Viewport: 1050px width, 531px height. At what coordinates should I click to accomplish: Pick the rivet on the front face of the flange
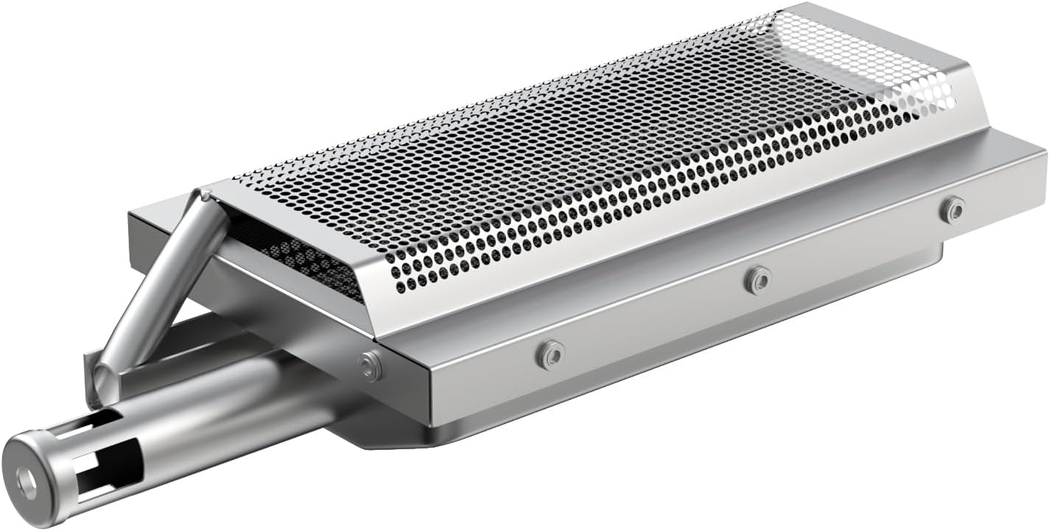[x=369, y=365]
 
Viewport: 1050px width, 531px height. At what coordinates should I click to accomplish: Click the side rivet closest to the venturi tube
[x=549, y=354]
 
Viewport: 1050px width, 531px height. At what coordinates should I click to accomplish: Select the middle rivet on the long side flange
[x=757, y=279]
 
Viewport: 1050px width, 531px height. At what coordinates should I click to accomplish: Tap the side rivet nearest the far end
[x=954, y=209]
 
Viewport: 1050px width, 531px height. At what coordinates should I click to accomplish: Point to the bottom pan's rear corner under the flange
[x=939, y=254]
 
